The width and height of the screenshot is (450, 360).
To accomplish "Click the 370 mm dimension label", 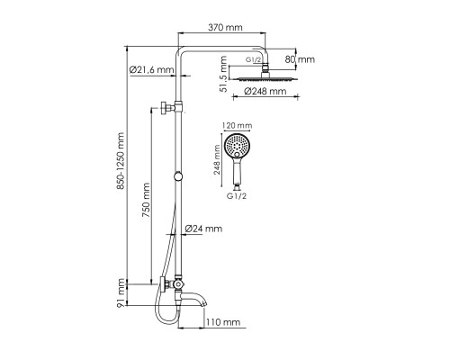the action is [x=225, y=28].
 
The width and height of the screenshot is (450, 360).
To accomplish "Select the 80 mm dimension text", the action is [x=300, y=59].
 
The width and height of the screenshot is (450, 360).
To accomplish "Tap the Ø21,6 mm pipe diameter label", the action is [x=151, y=70].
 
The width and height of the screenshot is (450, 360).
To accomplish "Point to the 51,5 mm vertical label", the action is [x=223, y=74].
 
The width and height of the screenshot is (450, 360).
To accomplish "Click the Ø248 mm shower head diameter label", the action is [x=265, y=91].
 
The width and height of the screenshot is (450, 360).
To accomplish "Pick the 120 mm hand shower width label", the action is [x=237, y=125].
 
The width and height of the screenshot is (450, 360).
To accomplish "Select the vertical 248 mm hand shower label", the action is [x=217, y=160].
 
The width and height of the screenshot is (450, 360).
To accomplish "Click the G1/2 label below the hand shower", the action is [x=237, y=196].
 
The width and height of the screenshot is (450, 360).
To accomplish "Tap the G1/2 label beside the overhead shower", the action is [x=254, y=59].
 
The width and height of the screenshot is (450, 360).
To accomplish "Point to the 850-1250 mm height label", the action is [x=121, y=161].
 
